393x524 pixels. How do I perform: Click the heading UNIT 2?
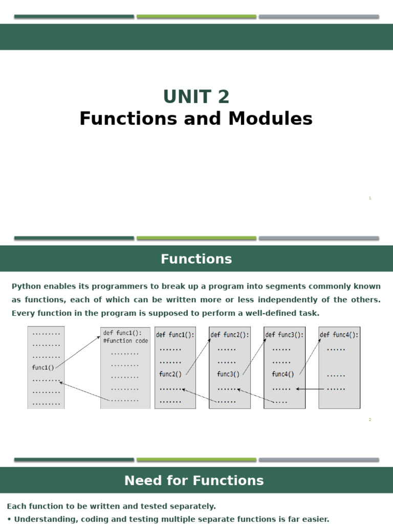click(x=196, y=96)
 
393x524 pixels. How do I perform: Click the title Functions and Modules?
click(x=196, y=119)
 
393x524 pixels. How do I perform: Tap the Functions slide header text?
click(x=196, y=259)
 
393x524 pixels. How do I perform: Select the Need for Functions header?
click(x=194, y=481)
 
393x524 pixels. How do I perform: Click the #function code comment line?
click(x=125, y=341)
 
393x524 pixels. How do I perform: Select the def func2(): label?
click(x=230, y=335)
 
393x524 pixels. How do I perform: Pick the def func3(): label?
click(x=284, y=335)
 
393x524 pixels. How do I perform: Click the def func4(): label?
click(x=339, y=335)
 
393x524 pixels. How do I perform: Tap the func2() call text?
click(x=170, y=374)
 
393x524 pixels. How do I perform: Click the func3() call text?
click(x=228, y=374)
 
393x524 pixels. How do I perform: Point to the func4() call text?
click(x=283, y=374)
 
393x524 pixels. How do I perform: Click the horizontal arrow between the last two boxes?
click(x=311, y=389)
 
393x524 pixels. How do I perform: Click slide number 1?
click(x=369, y=198)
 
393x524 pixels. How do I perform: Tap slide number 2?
click(x=369, y=420)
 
